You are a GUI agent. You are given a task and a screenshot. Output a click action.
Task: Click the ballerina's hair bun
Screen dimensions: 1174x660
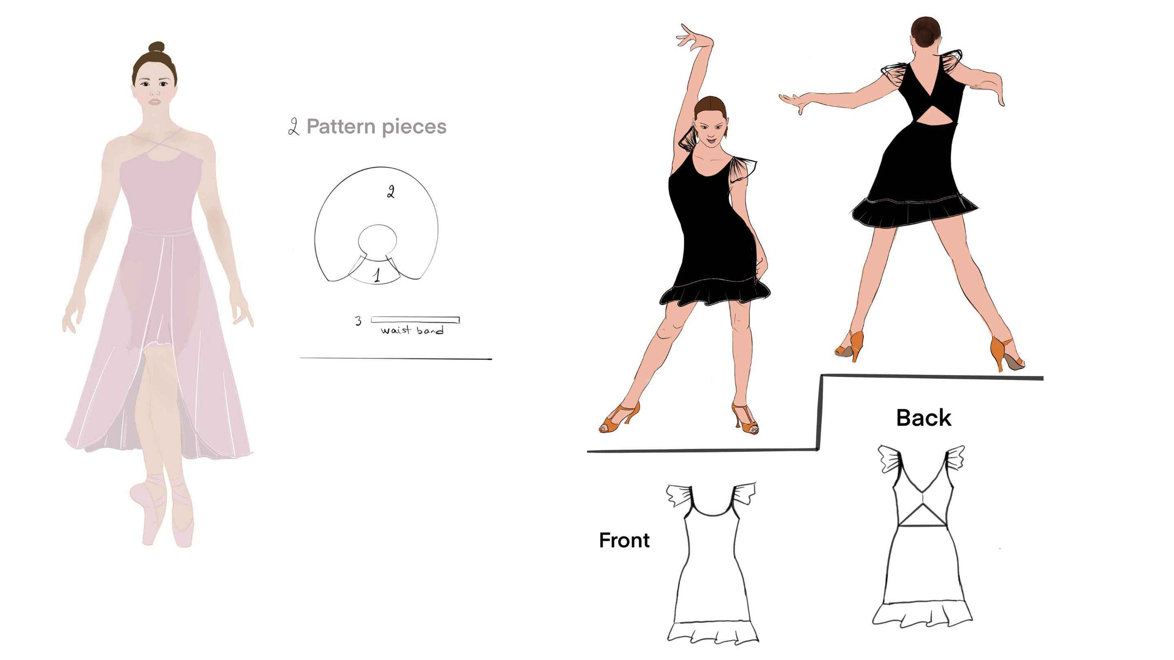tap(157, 47)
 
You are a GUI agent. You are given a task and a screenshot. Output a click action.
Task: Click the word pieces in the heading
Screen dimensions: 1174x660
tap(414, 128)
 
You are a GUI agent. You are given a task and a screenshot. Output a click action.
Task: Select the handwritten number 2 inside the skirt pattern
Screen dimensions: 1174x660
tap(390, 192)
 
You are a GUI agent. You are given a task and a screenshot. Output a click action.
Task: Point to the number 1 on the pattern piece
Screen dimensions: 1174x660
tap(377, 276)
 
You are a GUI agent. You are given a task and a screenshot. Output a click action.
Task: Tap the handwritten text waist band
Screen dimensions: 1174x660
tap(412, 330)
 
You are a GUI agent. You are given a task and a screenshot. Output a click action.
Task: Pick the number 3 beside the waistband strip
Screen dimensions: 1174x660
tap(359, 321)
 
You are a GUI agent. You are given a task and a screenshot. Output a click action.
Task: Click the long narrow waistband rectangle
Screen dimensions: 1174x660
tap(415, 320)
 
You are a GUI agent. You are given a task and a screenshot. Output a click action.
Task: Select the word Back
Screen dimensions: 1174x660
tap(924, 418)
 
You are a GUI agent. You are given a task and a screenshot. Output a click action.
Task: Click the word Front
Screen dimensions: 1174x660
tap(624, 540)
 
